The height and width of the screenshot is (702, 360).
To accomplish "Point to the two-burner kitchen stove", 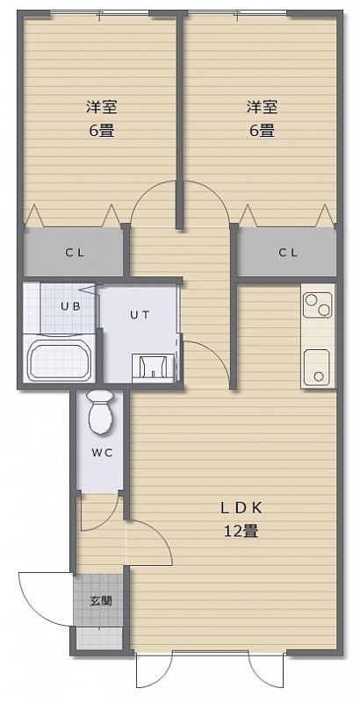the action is pos(318,304).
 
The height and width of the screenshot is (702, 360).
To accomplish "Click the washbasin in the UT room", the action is pos(153,368).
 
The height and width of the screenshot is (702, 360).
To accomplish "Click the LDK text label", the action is pos(240,508).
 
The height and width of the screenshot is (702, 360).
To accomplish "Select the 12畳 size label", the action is pos(241,531).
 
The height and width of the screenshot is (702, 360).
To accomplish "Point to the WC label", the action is pos(102,452).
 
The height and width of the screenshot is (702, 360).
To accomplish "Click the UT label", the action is pos(140,314).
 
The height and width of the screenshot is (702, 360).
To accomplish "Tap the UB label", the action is pos(71,306).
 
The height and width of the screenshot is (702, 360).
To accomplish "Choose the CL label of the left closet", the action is pos(75,253).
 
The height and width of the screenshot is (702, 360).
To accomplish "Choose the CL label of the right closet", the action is pos(287,253).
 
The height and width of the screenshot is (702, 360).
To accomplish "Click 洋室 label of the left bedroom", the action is pos(102,107).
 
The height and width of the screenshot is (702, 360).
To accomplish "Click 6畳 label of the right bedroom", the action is pos(262,131).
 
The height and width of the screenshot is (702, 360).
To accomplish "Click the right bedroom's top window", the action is pos(236,13).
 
